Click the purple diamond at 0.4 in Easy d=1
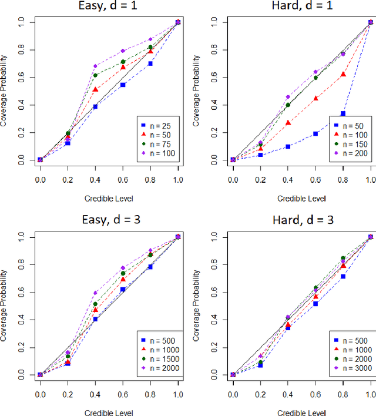point(95,66)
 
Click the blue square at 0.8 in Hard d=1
point(343,113)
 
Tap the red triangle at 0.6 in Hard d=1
point(315,98)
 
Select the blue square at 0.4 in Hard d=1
point(288,146)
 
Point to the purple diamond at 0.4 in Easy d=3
point(95,293)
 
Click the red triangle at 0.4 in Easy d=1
point(95,90)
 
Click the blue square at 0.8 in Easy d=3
point(150,267)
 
